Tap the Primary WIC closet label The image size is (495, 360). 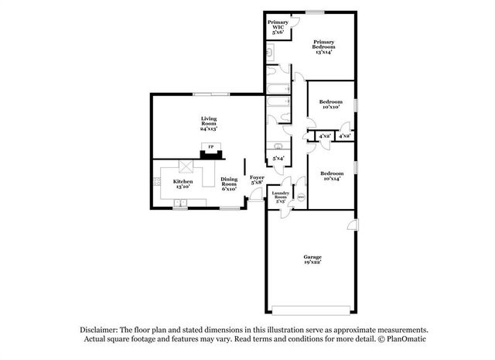[278, 27]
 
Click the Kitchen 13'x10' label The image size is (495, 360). [183, 184]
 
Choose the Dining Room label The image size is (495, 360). [229, 183]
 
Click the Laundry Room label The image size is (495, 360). [280, 197]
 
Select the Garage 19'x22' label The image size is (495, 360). [312, 261]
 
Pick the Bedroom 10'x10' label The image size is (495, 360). [331, 104]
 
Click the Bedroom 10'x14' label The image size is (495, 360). [331, 176]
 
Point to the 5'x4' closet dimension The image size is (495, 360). [278, 159]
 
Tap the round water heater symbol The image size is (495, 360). [300, 197]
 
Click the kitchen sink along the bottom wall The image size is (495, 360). [181, 204]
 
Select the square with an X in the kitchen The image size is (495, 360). [186, 166]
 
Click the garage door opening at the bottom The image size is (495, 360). [312, 311]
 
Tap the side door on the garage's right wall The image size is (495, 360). [353, 225]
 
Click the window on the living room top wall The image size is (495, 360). [210, 94]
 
